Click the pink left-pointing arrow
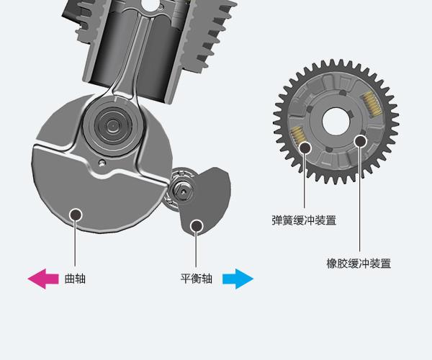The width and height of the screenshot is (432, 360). coord(42,279)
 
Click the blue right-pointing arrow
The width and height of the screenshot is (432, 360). coord(238,279)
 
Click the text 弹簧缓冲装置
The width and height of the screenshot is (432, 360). coord(304,220)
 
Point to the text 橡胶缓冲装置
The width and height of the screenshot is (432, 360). coord(359,264)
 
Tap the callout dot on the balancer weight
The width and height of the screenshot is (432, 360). coord(196,225)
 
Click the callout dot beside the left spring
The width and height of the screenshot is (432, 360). coord(305,148)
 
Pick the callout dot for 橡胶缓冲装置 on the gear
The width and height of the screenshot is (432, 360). coord(360,142)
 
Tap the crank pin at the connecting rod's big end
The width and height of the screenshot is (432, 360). coord(112,125)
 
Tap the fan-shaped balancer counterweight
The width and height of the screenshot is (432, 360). coord(207,202)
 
